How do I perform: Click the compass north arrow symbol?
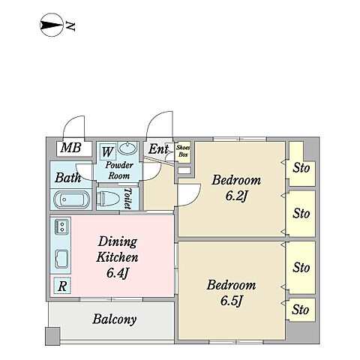(x=51, y=25)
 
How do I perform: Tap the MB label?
(x=70, y=148)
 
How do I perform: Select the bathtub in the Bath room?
(x=71, y=199)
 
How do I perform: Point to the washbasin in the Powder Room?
(x=127, y=148)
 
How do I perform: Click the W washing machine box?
(x=108, y=151)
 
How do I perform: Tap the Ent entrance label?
(x=158, y=149)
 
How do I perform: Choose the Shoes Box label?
(x=183, y=151)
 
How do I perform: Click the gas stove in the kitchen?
(x=61, y=226)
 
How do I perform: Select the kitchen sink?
(x=61, y=259)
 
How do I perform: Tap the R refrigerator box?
(x=62, y=286)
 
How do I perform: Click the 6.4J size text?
(x=117, y=273)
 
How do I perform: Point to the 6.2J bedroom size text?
(x=236, y=196)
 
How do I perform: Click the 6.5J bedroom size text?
(x=231, y=301)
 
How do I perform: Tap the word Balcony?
(x=115, y=319)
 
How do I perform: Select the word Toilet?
(x=127, y=199)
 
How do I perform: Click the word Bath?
(x=67, y=178)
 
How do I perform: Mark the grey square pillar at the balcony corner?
(x=52, y=336)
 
